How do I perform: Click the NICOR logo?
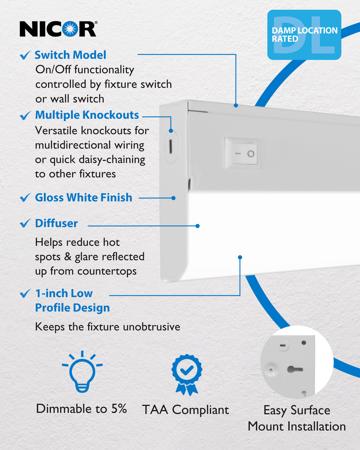point(58,29)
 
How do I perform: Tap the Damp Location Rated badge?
point(304,35)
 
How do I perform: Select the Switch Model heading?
point(70,55)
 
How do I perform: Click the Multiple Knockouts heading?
point(87,115)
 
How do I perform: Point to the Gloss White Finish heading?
point(83,198)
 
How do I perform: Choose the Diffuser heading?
point(56,223)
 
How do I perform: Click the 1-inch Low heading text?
point(64,293)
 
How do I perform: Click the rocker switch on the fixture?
point(245,154)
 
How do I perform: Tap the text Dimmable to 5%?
point(81,409)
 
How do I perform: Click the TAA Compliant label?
point(185,410)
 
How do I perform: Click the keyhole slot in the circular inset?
point(295,369)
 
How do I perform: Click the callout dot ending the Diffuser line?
point(198,226)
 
